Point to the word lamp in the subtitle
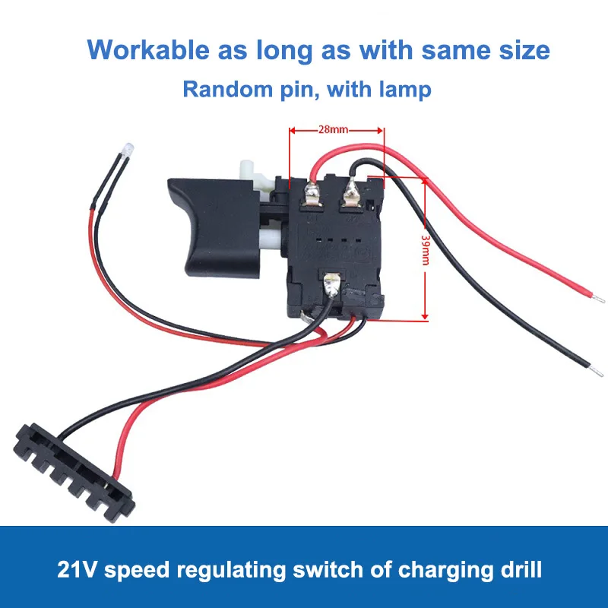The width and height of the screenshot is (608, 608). (404, 90)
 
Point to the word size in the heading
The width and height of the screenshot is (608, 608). (520, 50)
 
